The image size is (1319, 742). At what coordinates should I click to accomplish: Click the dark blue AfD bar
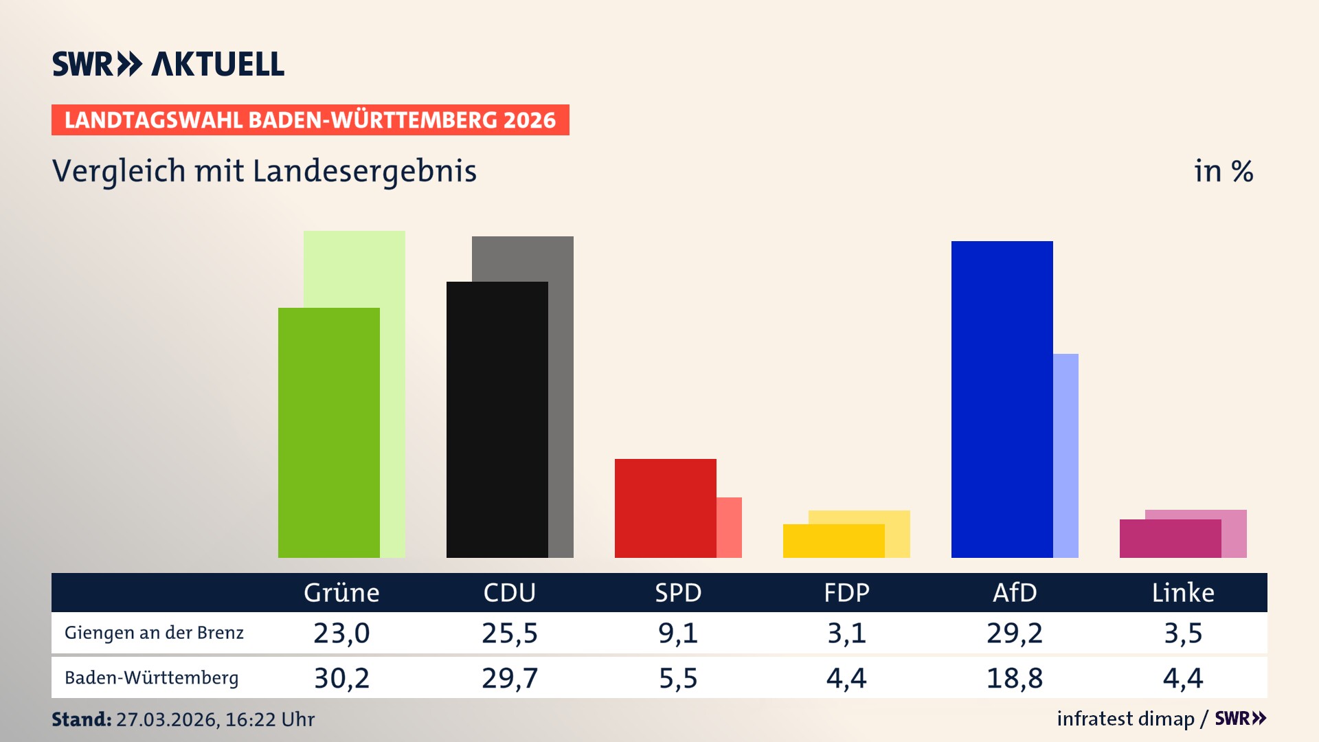[1002, 398]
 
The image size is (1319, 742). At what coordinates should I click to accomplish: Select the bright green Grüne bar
[328, 433]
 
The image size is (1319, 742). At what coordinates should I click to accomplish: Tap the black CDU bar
[497, 419]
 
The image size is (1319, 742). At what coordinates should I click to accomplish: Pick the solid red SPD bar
[665, 508]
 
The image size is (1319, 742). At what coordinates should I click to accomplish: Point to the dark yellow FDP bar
[833, 541]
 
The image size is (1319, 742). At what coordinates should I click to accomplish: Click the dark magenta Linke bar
[1170, 539]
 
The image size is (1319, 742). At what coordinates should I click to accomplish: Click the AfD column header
[1015, 592]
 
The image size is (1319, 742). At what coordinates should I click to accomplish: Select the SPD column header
[678, 592]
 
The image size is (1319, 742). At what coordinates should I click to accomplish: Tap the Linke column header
[1183, 592]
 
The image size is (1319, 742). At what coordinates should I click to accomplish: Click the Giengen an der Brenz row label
[154, 633]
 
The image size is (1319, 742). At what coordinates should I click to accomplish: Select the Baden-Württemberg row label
[151, 678]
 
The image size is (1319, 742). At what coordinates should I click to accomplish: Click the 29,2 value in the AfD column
[1015, 633]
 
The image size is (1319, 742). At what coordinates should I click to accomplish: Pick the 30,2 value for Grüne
[341, 678]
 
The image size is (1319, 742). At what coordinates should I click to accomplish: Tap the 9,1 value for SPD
[678, 633]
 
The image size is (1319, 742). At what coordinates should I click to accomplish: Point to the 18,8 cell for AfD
[1015, 678]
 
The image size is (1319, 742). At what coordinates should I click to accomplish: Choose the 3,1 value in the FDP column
[846, 633]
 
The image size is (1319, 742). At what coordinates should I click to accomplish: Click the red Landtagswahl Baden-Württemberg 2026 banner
[310, 120]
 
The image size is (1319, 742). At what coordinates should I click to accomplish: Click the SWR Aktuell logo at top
[168, 64]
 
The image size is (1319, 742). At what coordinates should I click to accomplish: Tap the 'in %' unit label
[1223, 171]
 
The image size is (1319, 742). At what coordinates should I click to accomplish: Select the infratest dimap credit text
[1125, 719]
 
